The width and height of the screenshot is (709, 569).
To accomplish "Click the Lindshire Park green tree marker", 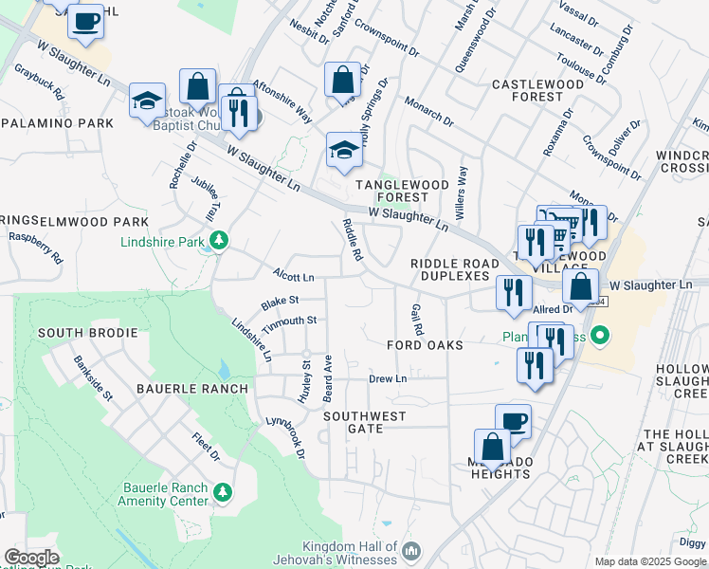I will pos(220,241).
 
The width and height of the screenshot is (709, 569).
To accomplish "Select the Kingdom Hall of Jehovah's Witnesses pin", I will pos(411,551).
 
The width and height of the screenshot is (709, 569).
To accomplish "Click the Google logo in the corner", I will pos(31,558).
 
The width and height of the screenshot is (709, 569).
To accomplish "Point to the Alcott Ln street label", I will pos(293,278).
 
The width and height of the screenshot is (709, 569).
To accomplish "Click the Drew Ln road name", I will pos(387,378).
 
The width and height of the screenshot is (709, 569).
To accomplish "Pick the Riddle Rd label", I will pos(352,240).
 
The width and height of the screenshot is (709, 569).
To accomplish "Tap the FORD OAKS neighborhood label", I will pos(425,345).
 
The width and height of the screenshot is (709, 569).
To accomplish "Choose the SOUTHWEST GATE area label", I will pos(364,422).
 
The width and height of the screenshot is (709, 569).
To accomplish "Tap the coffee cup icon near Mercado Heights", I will pos(513,421).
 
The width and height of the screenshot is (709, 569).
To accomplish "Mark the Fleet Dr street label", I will pos(206,448).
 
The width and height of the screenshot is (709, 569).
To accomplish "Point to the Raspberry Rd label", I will pos(35,249).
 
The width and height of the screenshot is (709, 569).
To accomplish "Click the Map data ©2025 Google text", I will pos(650,561).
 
